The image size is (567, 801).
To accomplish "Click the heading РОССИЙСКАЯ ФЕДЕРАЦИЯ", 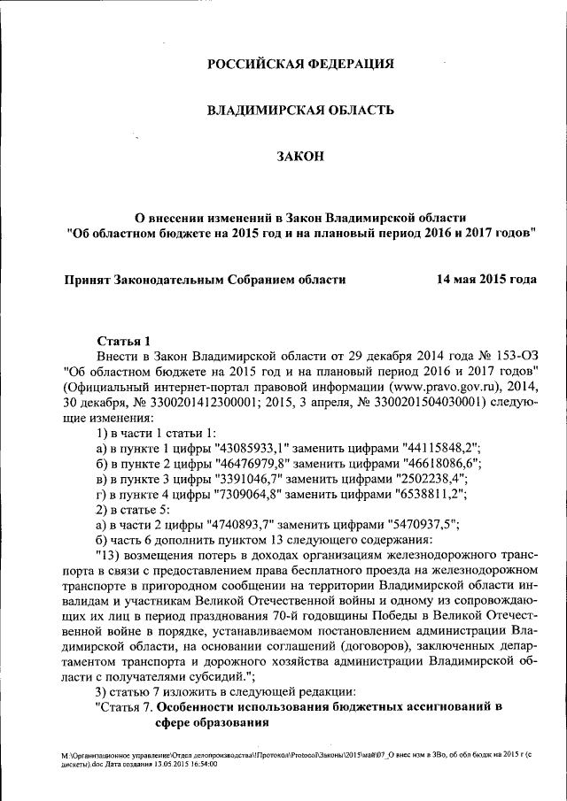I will click(x=300, y=65).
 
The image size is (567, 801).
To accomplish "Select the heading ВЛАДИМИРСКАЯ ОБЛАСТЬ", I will click(x=300, y=111).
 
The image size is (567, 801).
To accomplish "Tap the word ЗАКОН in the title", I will click(x=300, y=157).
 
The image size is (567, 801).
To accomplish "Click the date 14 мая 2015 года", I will click(x=486, y=279).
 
